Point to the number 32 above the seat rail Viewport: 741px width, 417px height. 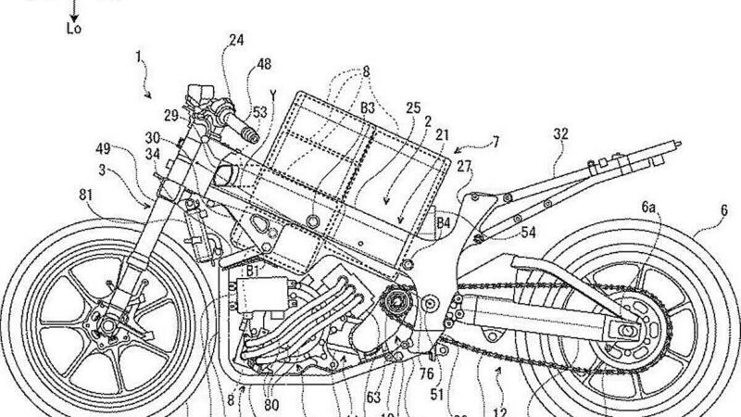(560, 133)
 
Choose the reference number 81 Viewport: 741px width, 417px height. (88, 196)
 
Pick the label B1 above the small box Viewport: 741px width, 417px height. (252, 271)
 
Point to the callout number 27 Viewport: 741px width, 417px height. (464, 168)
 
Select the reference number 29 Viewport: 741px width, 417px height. (170, 115)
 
